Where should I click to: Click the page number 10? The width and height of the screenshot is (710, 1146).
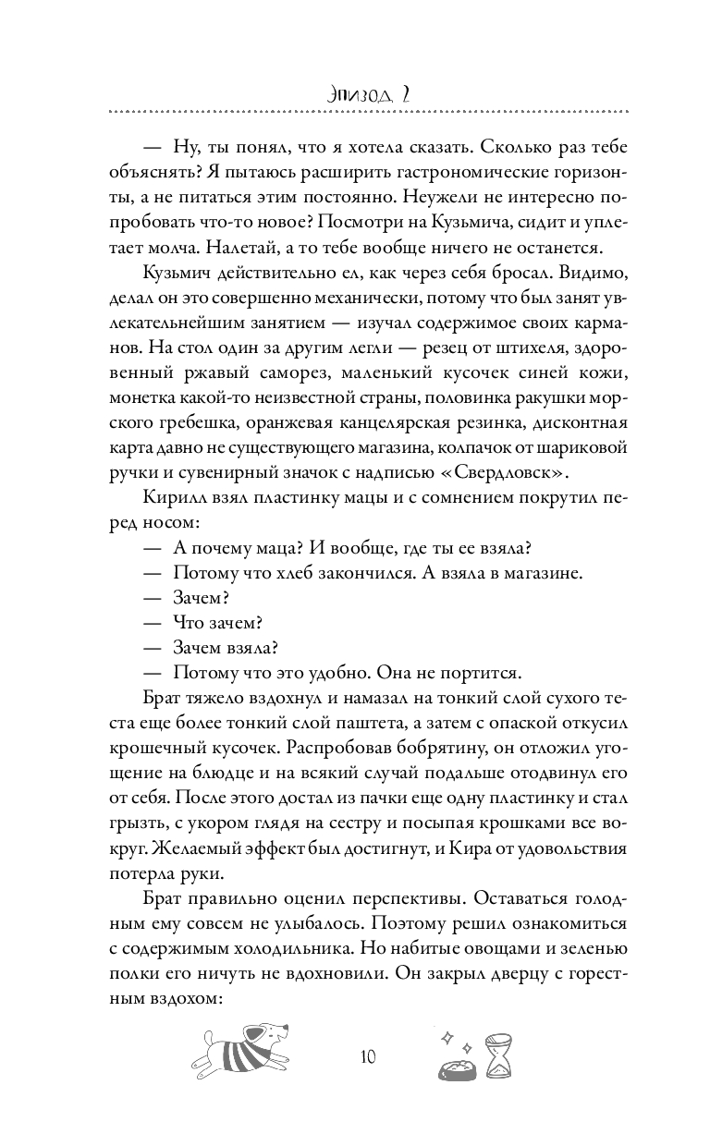point(367,1056)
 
